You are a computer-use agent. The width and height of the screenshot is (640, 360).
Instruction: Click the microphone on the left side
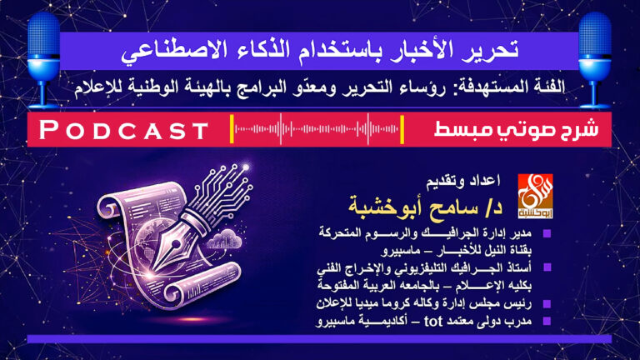[43, 46]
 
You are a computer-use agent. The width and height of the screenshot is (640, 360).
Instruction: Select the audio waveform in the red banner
[317, 130]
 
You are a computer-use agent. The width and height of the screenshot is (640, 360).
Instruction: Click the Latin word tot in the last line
[402, 320]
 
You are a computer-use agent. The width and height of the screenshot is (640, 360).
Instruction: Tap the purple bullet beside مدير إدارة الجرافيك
[546, 232]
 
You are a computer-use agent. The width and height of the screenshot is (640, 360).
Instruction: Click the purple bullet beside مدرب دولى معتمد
[546, 321]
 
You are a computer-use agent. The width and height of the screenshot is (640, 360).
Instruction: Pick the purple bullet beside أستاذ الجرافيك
[546, 268]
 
